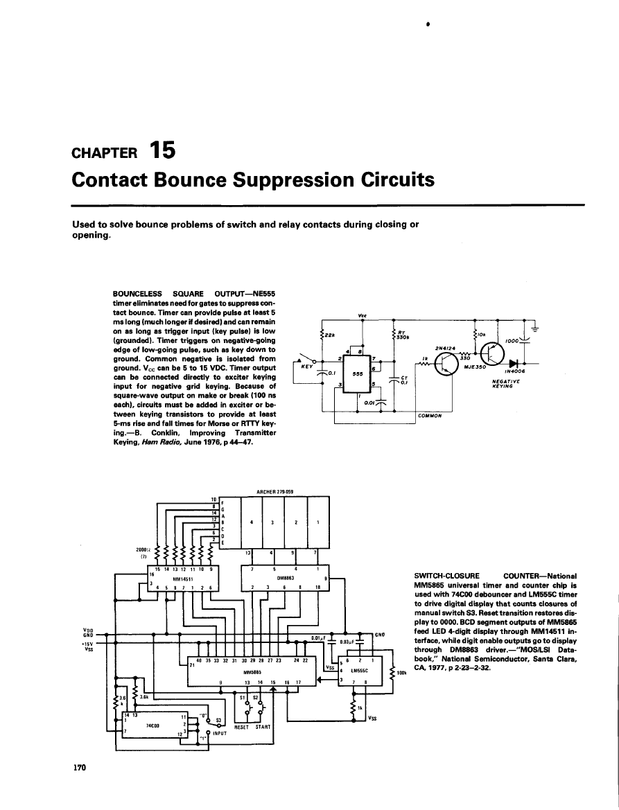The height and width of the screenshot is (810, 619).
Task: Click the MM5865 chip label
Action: tap(251, 672)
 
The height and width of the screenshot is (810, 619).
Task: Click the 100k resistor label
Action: tap(401, 672)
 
